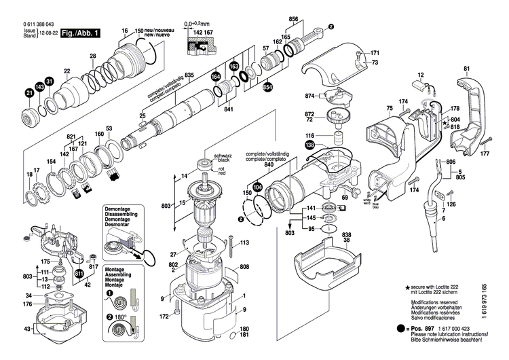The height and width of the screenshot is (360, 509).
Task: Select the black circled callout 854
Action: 267,86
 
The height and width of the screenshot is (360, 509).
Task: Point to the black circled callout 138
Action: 309,145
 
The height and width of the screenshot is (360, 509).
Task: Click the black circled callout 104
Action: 257,185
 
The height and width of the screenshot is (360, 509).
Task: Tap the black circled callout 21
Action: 29,93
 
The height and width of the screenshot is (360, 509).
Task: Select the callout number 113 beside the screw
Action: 245,242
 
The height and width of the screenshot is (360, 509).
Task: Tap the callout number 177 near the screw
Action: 485,154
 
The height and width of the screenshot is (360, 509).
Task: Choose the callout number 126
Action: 451,204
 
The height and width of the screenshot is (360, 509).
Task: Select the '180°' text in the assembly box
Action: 121,317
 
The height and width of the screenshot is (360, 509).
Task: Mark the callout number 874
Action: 309,96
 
